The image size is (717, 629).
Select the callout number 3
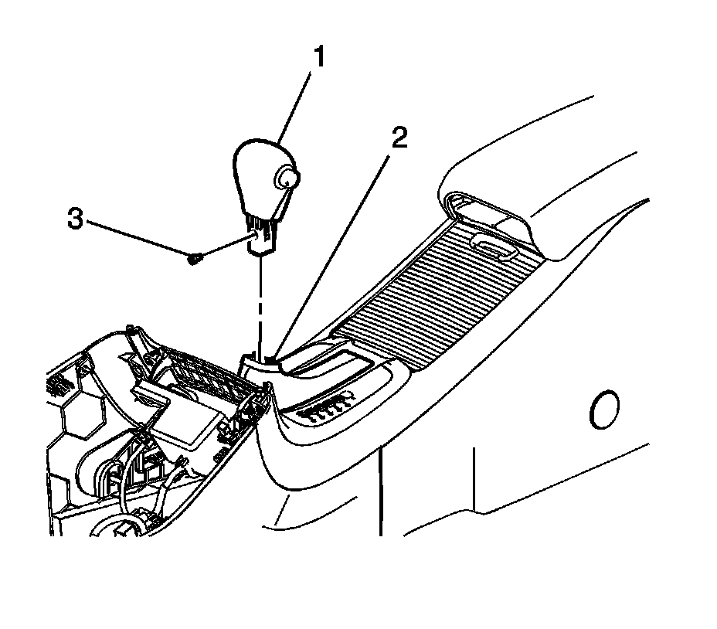(x=75, y=219)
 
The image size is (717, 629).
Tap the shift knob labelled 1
(x=259, y=174)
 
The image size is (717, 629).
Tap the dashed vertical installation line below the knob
(x=261, y=301)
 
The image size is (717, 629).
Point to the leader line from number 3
(x=139, y=239)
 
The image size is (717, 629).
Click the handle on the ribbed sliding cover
(x=494, y=246)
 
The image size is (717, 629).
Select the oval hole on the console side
(x=603, y=410)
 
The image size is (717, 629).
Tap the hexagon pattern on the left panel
(x=77, y=410)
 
